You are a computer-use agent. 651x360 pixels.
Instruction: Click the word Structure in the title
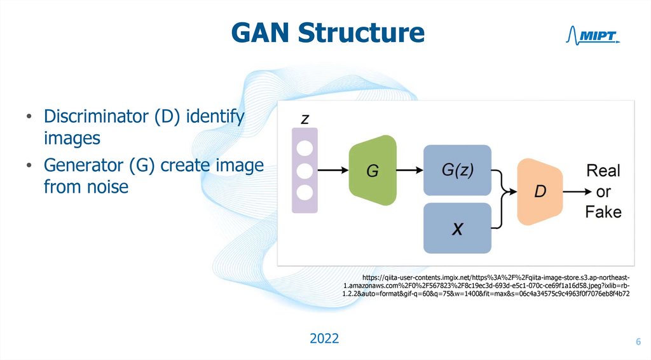coord(363,32)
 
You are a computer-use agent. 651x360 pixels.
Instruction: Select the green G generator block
coord(373,170)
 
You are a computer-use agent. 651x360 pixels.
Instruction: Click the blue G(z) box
coord(457,170)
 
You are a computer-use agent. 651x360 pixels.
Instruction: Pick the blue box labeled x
coord(457,228)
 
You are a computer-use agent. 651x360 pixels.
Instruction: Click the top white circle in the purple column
coord(304,149)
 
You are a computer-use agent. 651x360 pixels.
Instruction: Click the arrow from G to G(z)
coord(410,170)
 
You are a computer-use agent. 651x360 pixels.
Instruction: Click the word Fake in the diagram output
coord(603,212)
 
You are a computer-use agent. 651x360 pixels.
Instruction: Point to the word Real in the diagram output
coord(603,170)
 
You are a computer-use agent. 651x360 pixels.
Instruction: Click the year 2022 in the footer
coord(324,338)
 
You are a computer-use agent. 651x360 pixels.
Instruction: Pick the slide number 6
coord(638,343)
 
